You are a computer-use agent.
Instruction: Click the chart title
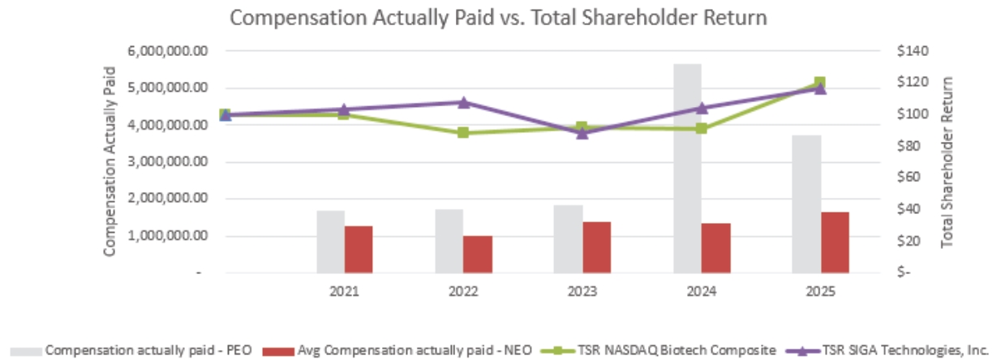[499, 18]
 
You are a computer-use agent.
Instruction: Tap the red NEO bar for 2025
[835, 242]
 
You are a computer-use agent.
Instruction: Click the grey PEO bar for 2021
[330, 242]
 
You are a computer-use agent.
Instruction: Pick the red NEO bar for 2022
[478, 254]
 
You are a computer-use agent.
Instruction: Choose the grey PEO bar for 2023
[568, 238]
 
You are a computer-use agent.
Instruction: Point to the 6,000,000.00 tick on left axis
[169, 51]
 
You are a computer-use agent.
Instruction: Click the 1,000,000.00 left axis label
[169, 236]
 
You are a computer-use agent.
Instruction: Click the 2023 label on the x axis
[582, 291]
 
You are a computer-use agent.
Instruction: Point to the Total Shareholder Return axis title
[947, 162]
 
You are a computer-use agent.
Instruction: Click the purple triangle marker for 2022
[463, 102]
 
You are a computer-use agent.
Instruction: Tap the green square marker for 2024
[701, 128]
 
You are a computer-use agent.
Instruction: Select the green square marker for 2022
[463, 132]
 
